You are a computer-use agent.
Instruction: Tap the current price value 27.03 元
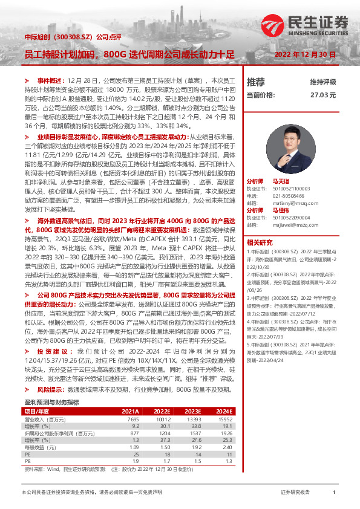[322, 95]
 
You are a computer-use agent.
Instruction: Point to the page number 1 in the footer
[333, 493]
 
